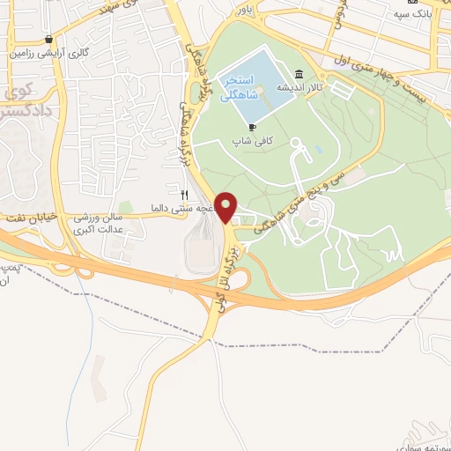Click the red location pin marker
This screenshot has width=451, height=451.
click(x=227, y=207)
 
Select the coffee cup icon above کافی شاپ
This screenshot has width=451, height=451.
click(x=253, y=127)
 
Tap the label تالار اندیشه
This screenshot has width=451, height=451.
click(x=298, y=88)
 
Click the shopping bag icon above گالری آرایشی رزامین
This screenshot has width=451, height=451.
click(x=50, y=39)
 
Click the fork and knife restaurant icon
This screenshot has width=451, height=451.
click(x=184, y=195)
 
